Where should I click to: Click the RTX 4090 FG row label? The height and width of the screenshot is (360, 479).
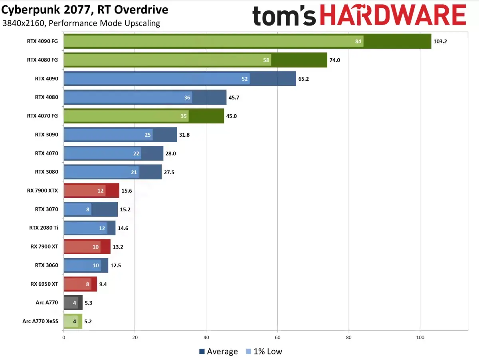(42, 41)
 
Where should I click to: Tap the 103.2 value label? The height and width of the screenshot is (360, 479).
(440, 41)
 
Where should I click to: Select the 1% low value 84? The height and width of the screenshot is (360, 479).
(358, 41)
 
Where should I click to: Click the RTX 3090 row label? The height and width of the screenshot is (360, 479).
(46, 135)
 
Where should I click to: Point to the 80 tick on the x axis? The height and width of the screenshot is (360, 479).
(349, 338)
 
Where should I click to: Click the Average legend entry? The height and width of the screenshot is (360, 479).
(218, 352)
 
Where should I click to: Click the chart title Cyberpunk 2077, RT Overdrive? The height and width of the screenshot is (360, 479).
(85, 10)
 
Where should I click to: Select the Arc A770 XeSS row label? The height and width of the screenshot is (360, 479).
(41, 321)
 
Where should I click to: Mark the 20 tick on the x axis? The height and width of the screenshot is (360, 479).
(135, 338)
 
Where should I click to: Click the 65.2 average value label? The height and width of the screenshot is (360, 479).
(303, 79)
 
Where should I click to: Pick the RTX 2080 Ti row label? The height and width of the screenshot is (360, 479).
(44, 228)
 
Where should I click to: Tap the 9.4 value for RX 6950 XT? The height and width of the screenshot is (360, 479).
(103, 284)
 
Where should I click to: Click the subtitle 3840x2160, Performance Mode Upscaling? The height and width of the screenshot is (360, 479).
(81, 23)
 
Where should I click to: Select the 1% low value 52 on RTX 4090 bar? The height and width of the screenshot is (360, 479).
(245, 79)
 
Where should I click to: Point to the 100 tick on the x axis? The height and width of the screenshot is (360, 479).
(420, 338)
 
